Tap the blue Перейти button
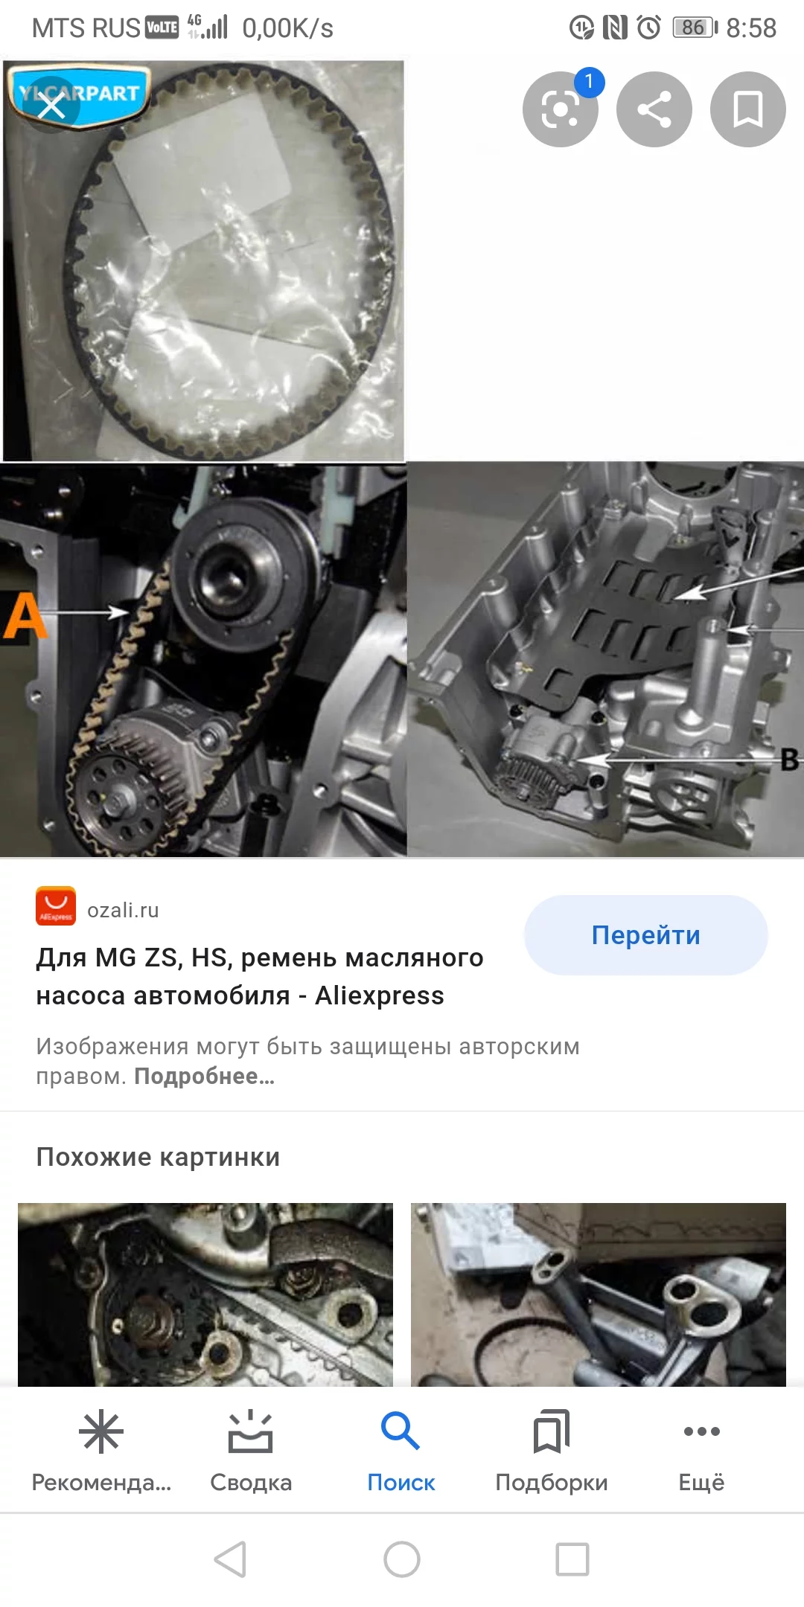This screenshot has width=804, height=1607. coord(645,935)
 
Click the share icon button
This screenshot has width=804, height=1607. coord(654,109)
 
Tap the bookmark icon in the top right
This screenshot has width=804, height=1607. coord(748,109)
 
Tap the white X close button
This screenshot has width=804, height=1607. coord(51,106)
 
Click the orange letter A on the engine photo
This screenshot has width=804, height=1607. coord(25,615)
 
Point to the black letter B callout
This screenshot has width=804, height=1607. coord(790,760)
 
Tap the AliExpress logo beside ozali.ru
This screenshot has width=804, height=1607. coord(56,906)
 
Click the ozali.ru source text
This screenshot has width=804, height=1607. coord(123,910)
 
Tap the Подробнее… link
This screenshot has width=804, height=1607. coord(205,1077)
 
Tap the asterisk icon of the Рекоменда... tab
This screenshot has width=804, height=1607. coord(101,1431)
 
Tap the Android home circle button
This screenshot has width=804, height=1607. coord(402,1559)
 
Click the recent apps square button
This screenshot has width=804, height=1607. coord(572,1559)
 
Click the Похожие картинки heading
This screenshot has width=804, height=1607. coord(158,1157)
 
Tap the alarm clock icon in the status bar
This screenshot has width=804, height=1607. coord(649,28)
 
